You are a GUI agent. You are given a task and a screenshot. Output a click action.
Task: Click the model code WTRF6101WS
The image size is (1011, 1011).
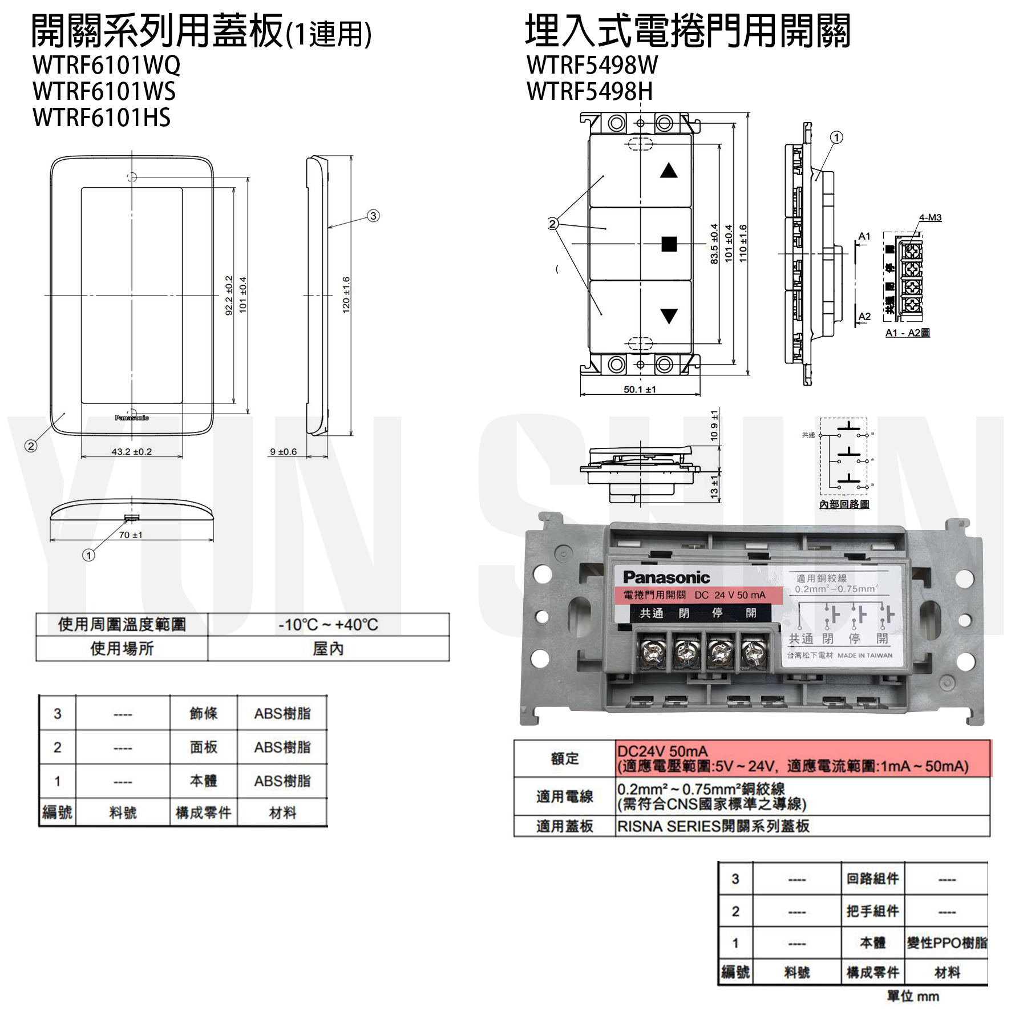[x=104, y=91]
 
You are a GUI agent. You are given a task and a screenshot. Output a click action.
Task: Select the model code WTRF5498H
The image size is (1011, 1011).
[x=589, y=91]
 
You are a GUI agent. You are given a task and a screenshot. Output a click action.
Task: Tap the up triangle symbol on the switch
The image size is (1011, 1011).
[x=669, y=171]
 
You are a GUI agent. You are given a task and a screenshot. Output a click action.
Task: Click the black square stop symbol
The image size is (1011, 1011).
[x=669, y=244]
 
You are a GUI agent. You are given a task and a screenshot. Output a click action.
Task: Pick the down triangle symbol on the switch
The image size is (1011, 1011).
[x=669, y=316]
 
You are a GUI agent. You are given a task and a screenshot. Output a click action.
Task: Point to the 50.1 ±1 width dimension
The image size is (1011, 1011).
[x=640, y=389]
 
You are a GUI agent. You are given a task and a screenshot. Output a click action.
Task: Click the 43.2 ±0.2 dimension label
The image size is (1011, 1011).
[x=131, y=451]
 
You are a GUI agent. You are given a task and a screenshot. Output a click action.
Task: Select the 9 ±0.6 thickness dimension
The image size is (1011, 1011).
[x=284, y=451]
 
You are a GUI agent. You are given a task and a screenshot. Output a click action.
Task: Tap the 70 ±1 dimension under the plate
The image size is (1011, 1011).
[x=131, y=535]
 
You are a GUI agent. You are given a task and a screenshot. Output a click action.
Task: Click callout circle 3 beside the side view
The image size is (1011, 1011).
[x=373, y=216]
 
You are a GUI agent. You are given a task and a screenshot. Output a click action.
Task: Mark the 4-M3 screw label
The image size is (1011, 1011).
[x=930, y=217]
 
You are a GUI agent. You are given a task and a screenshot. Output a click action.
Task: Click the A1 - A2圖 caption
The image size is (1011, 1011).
[x=907, y=333]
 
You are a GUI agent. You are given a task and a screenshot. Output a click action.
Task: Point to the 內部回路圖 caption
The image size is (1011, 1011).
[x=844, y=504]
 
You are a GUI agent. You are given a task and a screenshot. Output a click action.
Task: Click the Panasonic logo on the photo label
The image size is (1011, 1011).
[x=666, y=577]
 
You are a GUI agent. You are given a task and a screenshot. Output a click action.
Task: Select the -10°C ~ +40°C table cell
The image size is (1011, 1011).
[x=328, y=625]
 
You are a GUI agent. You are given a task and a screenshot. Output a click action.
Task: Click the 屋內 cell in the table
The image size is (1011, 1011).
[x=328, y=649]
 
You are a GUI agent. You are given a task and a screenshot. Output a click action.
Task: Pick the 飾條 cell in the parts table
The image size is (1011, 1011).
[x=203, y=713]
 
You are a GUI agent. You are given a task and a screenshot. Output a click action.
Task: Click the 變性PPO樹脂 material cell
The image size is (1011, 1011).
[x=947, y=943]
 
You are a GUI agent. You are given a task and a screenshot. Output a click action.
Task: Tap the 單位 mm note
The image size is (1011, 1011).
[x=912, y=996]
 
